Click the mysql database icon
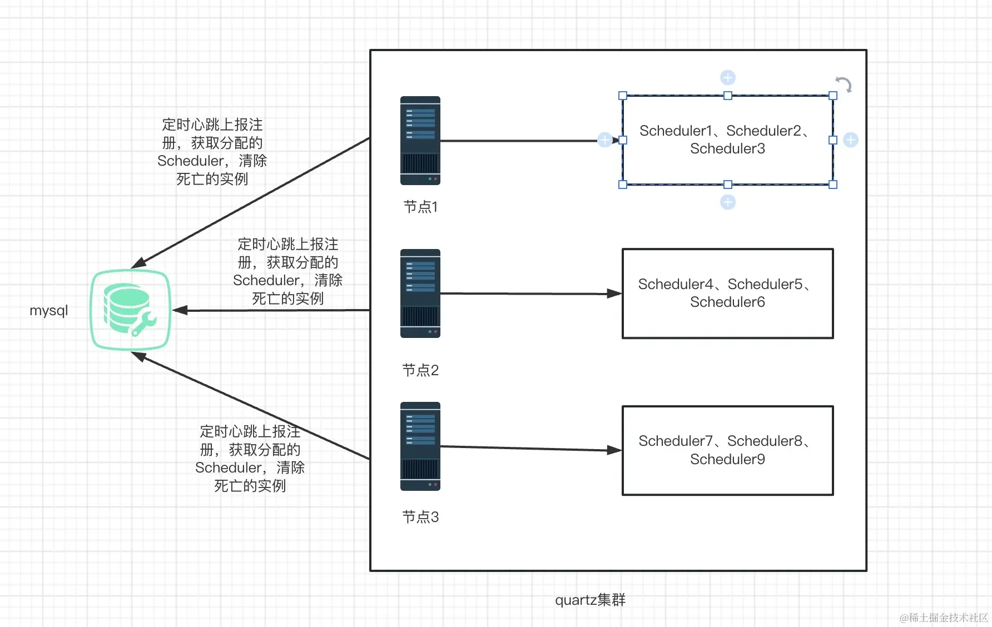130,310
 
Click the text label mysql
49,310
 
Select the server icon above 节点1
420,141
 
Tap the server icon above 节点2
420,293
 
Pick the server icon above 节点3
420,446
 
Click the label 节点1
420,207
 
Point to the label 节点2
420,370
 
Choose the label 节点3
420,517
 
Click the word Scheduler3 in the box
727,149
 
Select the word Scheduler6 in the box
727,302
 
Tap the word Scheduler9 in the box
727,460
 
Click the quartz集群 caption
590,600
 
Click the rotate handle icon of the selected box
844,84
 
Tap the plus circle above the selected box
728,77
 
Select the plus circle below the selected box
728,202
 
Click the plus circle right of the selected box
851,140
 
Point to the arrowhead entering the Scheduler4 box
614,293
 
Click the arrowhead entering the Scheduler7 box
614,450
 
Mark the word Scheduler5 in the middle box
765,285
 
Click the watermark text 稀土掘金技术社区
948,618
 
